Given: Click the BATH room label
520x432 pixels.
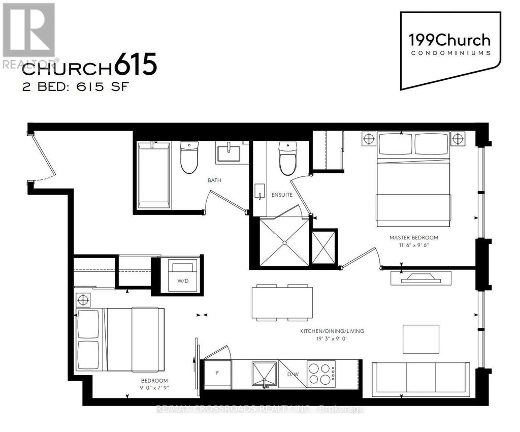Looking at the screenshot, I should point(214,180).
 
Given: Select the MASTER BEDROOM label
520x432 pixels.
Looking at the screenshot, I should point(413,237).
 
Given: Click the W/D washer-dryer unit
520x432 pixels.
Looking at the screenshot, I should point(181,275).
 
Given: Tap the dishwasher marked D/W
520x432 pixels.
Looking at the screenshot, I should point(292,374).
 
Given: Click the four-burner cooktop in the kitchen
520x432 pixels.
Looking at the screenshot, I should point(321,374).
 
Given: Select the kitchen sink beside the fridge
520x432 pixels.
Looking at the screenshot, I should point(264,374).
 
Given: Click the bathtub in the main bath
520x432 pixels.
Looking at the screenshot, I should point(154,175).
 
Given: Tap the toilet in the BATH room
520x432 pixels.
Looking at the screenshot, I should point(189,157).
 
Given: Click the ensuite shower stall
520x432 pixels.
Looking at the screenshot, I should point(284,242).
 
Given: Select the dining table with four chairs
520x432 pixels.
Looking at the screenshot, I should point(282,303).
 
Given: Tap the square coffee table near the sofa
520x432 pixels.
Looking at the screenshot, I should point(421,338).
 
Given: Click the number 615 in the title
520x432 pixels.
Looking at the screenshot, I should point(135,66).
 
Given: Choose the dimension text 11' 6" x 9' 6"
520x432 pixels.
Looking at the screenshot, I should point(413,245).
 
